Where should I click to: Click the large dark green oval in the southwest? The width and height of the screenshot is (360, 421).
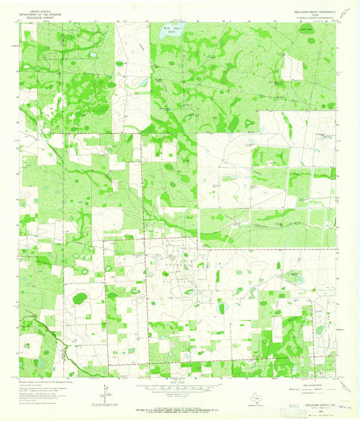[x=79, y=297]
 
